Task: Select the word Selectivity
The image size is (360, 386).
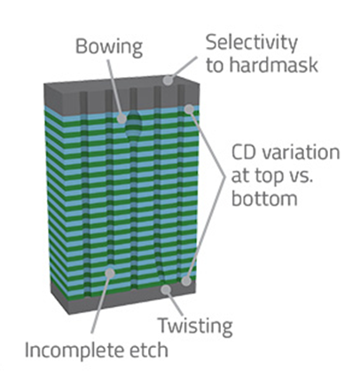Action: [x=252, y=43]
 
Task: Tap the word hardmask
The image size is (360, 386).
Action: [x=274, y=64]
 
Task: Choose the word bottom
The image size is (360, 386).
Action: [x=264, y=198]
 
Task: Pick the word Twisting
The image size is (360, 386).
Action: [x=195, y=327]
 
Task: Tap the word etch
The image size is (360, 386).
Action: [x=149, y=350]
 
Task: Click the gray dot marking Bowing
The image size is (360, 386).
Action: [x=121, y=119]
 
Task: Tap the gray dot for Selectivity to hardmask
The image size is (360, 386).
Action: [x=168, y=80]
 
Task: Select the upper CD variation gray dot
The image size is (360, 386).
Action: [x=189, y=109]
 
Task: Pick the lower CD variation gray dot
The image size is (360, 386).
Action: [x=186, y=280]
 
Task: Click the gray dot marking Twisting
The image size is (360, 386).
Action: [x=166, y=290]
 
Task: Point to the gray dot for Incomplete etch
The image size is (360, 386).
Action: [x=110, y=273]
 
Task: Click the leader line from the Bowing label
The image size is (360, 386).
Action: [x=114, y=87]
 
